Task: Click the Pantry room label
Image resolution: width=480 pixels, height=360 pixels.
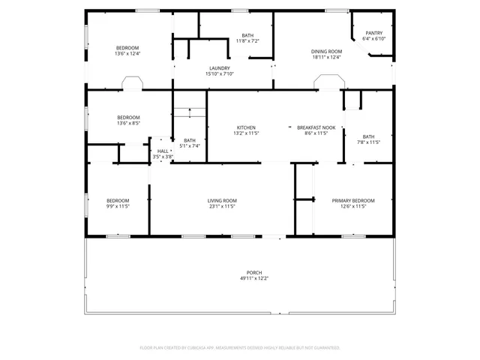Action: (x=374, y=33)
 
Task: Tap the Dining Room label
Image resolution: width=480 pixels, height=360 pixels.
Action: (x=326, y=52)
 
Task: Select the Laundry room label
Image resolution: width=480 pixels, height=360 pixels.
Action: (x=220, y=68)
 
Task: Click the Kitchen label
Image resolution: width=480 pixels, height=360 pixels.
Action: (x=246, y=127)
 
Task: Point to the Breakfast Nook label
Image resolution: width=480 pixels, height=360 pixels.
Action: (x=316, y=127)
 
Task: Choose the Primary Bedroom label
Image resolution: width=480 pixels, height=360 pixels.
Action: (x=353, y=200)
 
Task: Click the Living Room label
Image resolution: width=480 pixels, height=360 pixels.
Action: (x=222, y=200)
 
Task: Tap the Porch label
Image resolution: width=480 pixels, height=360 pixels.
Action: (x=254, y=272)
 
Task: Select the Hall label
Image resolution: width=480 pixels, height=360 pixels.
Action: (x=163, y=151)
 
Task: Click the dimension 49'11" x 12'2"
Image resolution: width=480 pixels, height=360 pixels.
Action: (x=254, y=278)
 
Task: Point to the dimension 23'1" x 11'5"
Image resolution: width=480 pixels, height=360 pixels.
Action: (x=222, y=206)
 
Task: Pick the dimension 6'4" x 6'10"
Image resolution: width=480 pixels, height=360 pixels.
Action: (x=374, y=39)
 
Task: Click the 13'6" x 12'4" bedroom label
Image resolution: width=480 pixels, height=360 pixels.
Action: (x=127, y=48)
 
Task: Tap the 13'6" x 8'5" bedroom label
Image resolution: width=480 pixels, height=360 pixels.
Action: (x=128, y=118)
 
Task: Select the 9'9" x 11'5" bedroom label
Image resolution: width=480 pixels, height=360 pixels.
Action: (x=118, y=200)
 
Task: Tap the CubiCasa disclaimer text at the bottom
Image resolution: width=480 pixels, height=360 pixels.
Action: (x=240, y=348)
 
